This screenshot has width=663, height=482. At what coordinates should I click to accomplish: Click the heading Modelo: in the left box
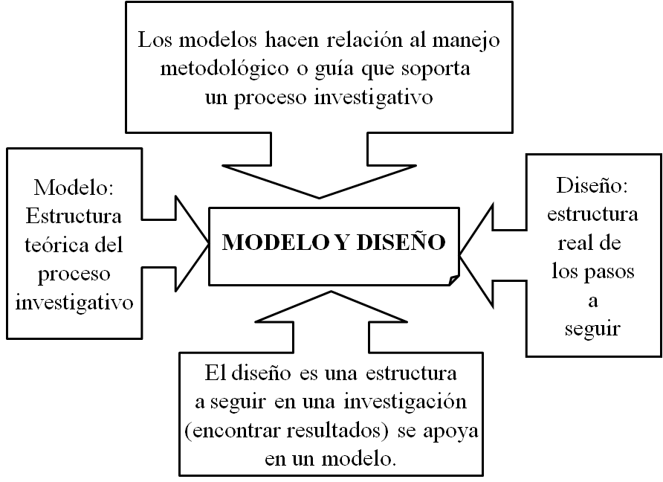74,187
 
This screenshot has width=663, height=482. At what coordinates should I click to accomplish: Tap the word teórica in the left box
54,245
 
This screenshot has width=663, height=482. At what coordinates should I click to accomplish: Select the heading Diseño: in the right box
592,185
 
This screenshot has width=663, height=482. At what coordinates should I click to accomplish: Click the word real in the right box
574,243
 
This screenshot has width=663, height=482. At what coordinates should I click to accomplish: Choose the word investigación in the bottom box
406,402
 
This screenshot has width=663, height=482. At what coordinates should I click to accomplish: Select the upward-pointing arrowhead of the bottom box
331,306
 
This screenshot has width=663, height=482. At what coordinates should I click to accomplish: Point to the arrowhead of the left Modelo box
193,243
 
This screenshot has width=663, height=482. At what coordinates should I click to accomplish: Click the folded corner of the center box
454,280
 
